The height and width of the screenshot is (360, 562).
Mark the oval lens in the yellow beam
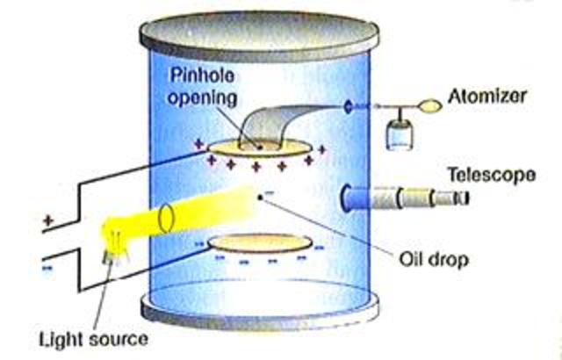(169, 214)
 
